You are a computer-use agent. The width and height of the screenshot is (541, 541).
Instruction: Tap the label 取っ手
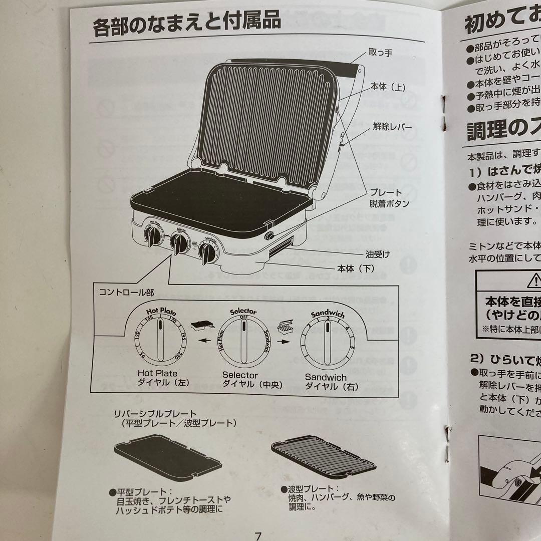380,53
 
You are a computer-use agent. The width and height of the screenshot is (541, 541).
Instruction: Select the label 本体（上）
388,87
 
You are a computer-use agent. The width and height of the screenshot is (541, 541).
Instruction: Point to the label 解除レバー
393,127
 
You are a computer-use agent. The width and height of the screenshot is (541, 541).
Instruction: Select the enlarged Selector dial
242,341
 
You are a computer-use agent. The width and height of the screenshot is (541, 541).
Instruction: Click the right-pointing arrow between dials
285,342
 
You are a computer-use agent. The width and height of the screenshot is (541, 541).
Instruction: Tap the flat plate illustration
167,457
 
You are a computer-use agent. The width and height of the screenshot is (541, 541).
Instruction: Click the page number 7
258,535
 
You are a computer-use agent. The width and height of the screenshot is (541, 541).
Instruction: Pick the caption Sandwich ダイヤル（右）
326,381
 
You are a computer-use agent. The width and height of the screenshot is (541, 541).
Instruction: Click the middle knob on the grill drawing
178,242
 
